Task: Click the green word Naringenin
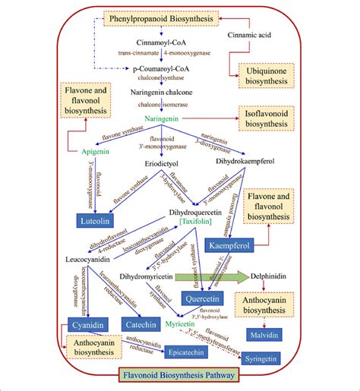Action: [x=164, y=119]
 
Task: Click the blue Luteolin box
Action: [x=96, y=220]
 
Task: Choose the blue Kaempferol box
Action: [x=229, y=246]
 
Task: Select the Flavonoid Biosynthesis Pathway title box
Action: [x=180, y=374]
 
